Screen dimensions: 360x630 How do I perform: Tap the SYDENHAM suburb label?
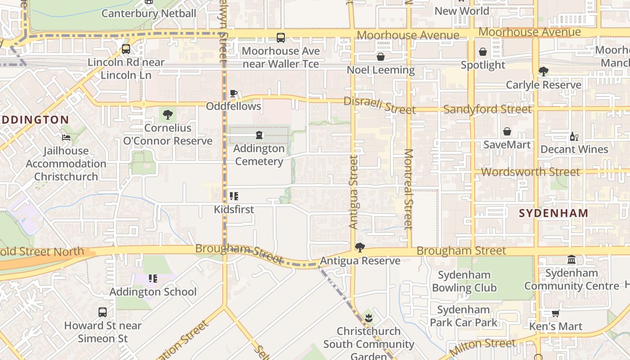(x=553, y=213)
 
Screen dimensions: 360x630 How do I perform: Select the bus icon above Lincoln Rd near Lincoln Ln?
(x=126, y=49)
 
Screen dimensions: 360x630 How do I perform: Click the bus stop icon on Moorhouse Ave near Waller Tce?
(x=281, y=38)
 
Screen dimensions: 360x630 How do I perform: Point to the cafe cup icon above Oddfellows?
(x=233, y=94)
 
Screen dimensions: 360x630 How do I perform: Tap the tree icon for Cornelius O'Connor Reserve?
(x=168, y=115)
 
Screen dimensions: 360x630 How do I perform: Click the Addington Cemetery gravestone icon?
(x=259, y=135)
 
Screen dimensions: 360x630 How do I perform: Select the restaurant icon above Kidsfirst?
(x=234, y=196)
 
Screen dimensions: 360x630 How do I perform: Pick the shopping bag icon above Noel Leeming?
(x=381, y=57)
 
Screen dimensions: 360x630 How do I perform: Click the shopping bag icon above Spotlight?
(x=483, y=52)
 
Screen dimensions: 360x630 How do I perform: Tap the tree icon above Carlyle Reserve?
(x=544, y=72)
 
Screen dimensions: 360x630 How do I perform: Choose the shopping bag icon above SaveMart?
(x=507, y=131)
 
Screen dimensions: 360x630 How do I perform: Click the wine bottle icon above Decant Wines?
(x=574, y=136)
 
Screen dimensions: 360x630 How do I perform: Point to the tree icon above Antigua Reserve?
(x=360, y=247)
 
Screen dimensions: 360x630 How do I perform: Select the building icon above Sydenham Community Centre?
(x=571, y=260)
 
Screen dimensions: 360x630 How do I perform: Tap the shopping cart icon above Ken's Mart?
(x=556, y=313)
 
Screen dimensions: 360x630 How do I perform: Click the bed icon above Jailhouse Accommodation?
(x=66, y=138)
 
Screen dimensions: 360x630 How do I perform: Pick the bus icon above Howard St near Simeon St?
(x=103, y=312)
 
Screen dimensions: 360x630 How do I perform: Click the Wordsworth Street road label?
(x=531, y=172)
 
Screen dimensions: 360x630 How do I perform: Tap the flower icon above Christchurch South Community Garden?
(x=369, y=318)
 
